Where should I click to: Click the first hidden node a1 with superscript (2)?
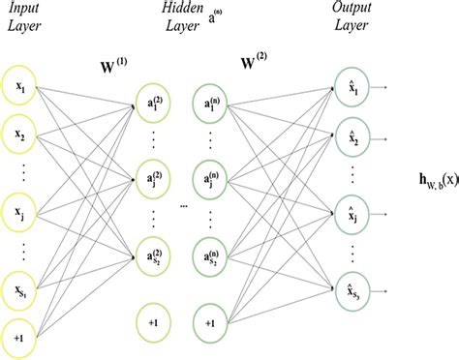coord(154,104)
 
